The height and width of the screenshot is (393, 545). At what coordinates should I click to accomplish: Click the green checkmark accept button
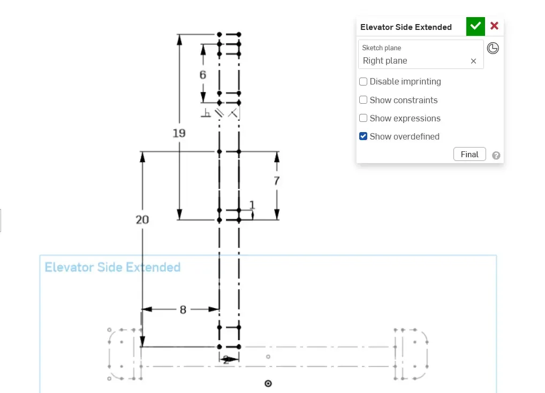tap(475, 26)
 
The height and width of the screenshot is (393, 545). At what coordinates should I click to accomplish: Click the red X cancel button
tap(494, 26)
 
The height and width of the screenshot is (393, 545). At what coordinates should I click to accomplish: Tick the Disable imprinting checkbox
tap(364, 82)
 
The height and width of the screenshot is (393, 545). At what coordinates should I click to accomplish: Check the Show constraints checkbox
tap(364, 100)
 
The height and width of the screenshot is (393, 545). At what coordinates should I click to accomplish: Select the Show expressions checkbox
tap(364, 118)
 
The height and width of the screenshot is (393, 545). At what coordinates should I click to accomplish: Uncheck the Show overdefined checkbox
tap(364, 136)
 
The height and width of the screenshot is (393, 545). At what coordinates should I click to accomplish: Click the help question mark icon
tap(496, 156)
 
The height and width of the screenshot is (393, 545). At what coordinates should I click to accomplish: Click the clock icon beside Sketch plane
tap(493, 49)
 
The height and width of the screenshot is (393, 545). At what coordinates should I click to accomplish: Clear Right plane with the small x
tap(473, 61)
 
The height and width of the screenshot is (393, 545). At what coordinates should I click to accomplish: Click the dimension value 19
tap(179, 133)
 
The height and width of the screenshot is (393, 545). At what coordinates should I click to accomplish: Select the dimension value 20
tap(142, 220)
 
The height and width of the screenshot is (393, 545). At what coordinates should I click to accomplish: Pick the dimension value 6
tap(203, 75)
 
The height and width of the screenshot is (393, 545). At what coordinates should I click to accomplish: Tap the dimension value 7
tap(277, 181)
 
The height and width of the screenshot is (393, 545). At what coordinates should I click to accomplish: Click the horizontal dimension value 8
tap(183, 310)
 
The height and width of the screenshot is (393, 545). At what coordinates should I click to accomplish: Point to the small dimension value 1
tap(252, 205)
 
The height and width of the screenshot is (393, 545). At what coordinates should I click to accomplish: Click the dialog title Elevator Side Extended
tap(406, 27)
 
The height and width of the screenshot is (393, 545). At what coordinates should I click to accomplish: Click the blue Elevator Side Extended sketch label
tap(112, 267)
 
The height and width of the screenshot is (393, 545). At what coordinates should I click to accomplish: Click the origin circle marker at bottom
tap(269, 383)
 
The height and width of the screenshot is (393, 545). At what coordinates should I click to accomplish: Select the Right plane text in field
tap(385, 61)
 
